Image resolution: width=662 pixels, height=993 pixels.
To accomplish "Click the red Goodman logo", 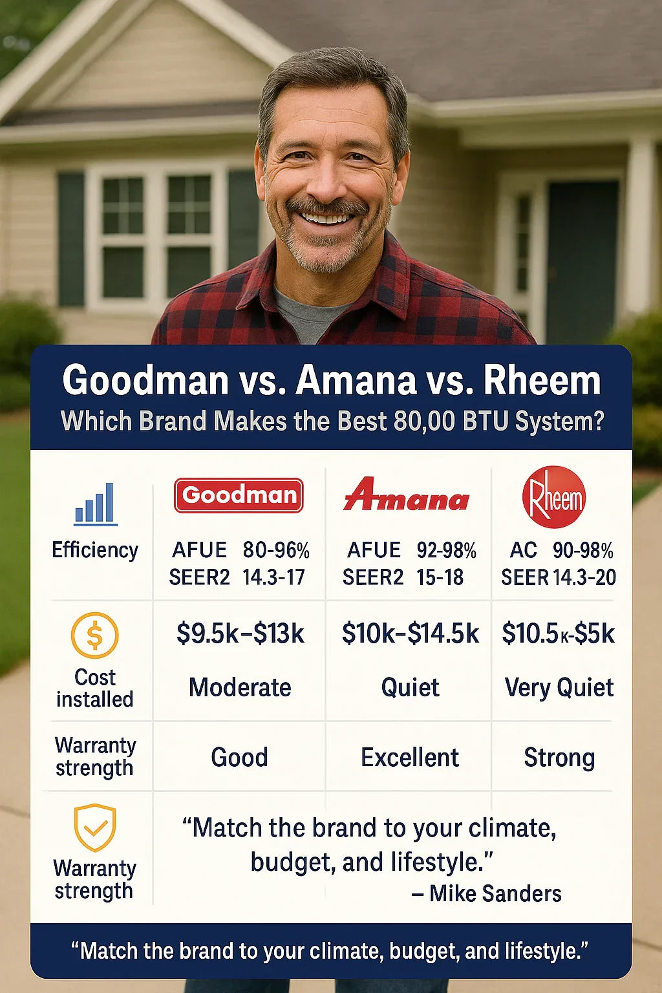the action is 239,495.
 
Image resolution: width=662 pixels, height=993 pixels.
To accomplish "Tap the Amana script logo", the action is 406,495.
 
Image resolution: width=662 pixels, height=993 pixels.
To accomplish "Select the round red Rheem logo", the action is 554,497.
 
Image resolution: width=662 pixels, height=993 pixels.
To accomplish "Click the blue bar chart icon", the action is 95,504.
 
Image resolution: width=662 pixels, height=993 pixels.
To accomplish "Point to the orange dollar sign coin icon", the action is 94,635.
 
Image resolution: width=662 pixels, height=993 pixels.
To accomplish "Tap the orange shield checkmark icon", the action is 95,827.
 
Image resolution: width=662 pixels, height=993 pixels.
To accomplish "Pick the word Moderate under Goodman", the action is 240,688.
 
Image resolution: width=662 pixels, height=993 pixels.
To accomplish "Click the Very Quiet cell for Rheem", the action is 559,688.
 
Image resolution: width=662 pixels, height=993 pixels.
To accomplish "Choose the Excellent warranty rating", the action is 410,757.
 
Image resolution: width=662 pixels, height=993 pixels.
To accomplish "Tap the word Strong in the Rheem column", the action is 559,758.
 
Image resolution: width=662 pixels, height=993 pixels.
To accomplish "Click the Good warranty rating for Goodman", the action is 239,757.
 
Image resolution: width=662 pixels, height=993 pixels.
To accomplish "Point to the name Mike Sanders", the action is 495,893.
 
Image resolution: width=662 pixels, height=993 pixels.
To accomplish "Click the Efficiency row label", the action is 95,550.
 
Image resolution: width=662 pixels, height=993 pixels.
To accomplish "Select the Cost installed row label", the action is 95,688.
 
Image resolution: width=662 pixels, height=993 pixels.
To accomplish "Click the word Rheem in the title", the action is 542,380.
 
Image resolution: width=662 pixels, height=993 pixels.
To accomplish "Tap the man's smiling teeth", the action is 326,218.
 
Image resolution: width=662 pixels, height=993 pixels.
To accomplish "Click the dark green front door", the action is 582,262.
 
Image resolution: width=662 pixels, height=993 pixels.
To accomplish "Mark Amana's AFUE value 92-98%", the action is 447,551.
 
